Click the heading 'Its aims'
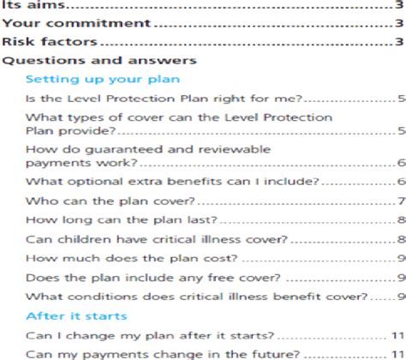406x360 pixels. coord(26,5)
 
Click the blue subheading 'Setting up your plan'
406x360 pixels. coord(102,79)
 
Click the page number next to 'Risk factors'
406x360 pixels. coord(400,42)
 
